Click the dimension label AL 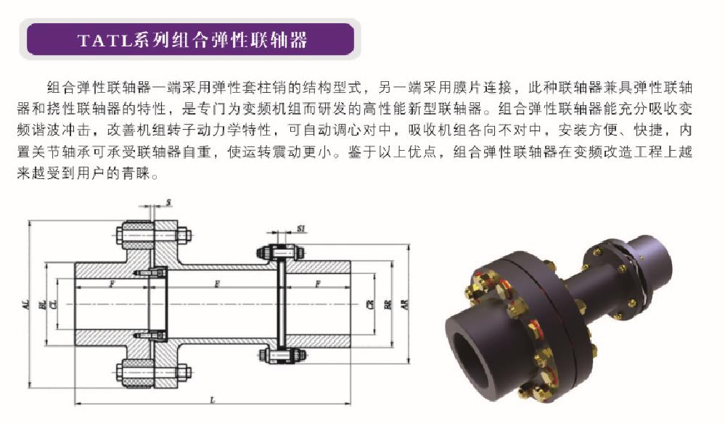pyautogui.click(x=26, y=304)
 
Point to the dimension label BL pyautogui.click(x=42, y=304)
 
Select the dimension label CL pyautogui.click(x=54, y=304)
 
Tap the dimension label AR pyautogui.click(x=406, y=304)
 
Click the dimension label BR pyautogui.click(x=388, y=304)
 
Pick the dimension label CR pyautogui.click(x=369, y=304)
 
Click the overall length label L pyautogui.click(x=213, y=400)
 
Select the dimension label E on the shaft pyautogui.click(x=216, y=283)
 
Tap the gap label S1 pyautogui.click(x=301, y=228)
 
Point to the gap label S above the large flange pyautogui.click(x=168, y=202)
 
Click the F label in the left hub pyautogui.click(x=112, y=283)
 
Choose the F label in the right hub pyautogui.click(x=318, y=283)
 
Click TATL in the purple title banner pyautogui.click(x=105, y=40)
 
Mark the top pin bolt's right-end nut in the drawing pyautogui.click(x=184, y=235)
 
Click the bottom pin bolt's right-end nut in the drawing pyautogui.click(x=184, y=373)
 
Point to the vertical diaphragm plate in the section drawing pyautogui.click(x=280, y=304)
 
